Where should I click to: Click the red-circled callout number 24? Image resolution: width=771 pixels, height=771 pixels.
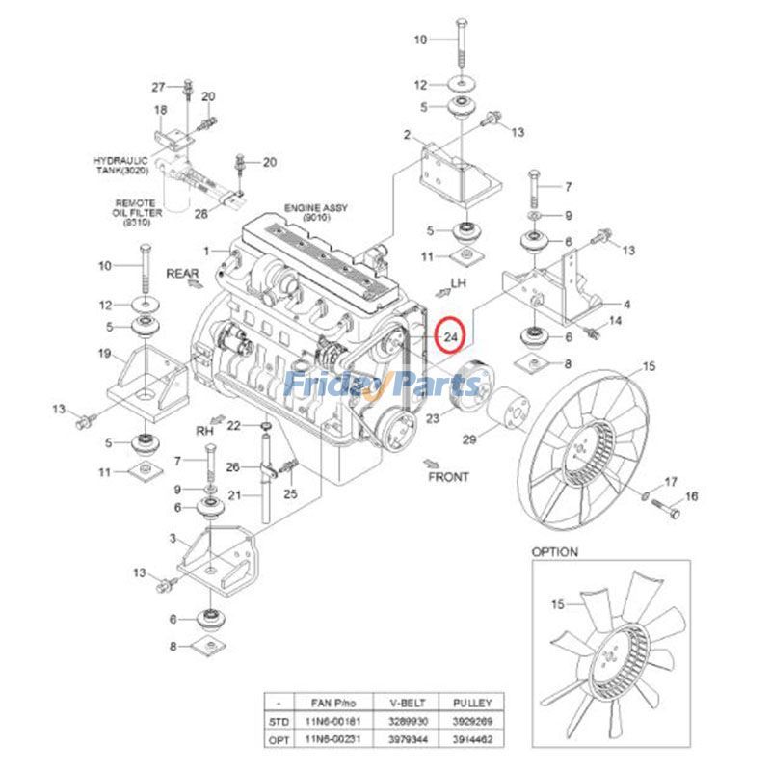coord(450,336)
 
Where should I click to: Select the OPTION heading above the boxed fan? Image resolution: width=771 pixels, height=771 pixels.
coord(555,552)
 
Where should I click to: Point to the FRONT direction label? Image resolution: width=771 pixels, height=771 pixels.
coord(449,476)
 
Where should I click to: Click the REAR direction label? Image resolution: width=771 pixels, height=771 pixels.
coord(181,273)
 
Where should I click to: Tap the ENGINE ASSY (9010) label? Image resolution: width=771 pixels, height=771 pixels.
coord(314,213)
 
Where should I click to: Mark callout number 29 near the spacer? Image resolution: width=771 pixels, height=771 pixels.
coord(469,440)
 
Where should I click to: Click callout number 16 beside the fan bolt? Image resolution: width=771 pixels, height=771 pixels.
coord(691,496)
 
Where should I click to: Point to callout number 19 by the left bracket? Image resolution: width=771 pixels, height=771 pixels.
coord(104,354)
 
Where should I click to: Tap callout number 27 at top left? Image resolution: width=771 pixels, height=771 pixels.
coord(159,88)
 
